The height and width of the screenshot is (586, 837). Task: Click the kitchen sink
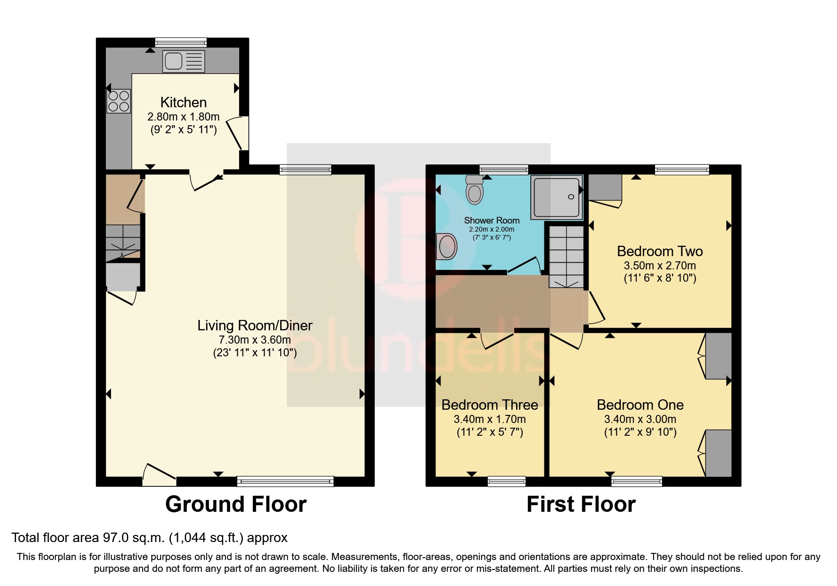pyautogui.click(x=184, y=61)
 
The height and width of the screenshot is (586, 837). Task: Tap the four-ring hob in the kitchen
pyautogui.click(x=119, y=101)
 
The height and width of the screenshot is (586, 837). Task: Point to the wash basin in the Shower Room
pyautogui.click(x=447, y=246)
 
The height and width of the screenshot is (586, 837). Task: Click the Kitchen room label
pyautogui.click(x=183, y=103)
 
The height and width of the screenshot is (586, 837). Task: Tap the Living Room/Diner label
pyautogui.click(x=255, y=326)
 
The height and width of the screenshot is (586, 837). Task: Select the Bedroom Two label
pyautogui.click(x=660, y=251)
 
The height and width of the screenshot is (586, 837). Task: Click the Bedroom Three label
pyautogui.click(x=490, y=405)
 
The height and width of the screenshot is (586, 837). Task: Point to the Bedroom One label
pyautogui.click(x=640, y=405)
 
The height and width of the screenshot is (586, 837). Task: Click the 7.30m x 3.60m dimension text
pyautogui.click(x=255, y=340)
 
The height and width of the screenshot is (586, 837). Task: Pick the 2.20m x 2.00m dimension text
pyautogui.click(x=492, y=229)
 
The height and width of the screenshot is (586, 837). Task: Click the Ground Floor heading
pyautogui.click(x=236, y=504)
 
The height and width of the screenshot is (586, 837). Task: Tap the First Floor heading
pyautogui.click(x=581, y=504)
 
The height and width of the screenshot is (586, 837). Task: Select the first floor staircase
pyautogui.click(x=566, y=257)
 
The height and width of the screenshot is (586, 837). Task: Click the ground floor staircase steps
pyautogui.click(x=123, y=241)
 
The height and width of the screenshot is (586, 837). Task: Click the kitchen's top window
pyautogui.click(x=181, y=42)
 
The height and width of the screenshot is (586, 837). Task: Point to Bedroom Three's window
pyautogui.click(x=507, y=481)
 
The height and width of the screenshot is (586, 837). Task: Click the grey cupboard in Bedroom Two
pyautogui.click(x=605, y=188)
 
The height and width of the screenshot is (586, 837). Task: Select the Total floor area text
pyautogui.click(x=149, y=538)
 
